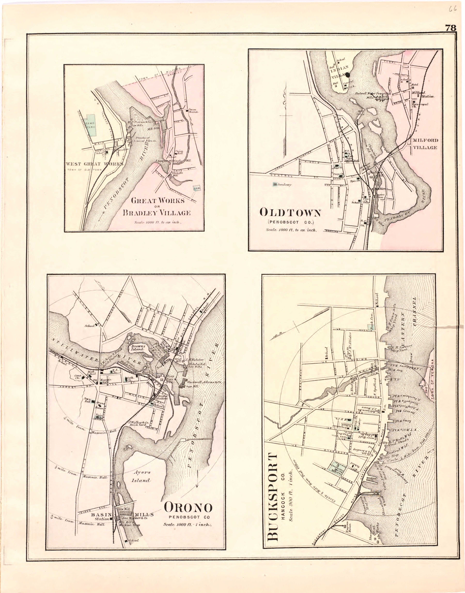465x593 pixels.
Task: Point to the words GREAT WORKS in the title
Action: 158,201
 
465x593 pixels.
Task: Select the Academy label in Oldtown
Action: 283,185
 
